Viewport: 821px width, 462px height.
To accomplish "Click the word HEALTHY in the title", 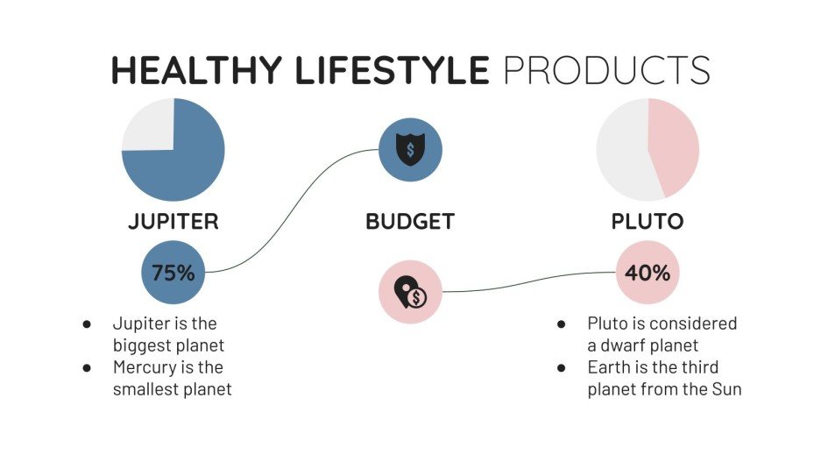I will click(x=198, y=70).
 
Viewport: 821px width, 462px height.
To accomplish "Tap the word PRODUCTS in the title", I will click(x=606, y=70).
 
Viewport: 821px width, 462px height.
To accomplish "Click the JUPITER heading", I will click(x=173, y=222).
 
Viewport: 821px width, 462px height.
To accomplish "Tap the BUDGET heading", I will click(x=410, y=222).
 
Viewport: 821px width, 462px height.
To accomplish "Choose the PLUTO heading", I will click(x=648, y=222).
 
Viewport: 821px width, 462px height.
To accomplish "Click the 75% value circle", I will click(x=173, y=273).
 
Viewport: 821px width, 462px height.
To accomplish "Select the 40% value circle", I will click(x=648, y=273).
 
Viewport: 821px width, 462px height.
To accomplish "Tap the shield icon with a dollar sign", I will click(x=410, y=150).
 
